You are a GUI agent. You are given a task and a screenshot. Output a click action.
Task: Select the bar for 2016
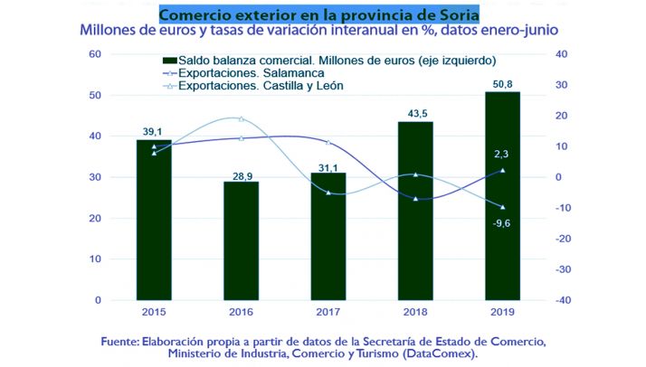pyautogui.click(x=241, y=240)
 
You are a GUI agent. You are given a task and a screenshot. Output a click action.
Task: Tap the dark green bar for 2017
pyautogui.click(x=328, y=236)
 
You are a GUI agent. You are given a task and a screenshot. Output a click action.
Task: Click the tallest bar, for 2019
pyautogui.click(x=502, y=195)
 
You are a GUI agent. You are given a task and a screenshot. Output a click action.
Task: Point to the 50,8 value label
pyautogui.click(x=502, y=83)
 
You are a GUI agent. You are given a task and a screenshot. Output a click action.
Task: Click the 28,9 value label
pyautogui.click(x=241, y=173)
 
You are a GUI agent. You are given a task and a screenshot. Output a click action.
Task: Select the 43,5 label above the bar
pyautogui.click(x=415, y=113)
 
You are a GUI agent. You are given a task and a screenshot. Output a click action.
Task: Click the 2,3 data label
pyautogui.click(x=503, y=155)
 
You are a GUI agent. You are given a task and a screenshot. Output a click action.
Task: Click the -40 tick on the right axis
pyautogui.click(x=563, y=300)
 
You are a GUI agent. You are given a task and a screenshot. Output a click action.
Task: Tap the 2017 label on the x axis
pyautogui.click(x=328, y=312)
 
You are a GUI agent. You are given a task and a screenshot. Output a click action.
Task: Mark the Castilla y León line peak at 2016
pyautogui.click(x=241, y=118)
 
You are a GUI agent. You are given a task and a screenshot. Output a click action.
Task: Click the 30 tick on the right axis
pyautogui.click(x=563, y=85)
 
